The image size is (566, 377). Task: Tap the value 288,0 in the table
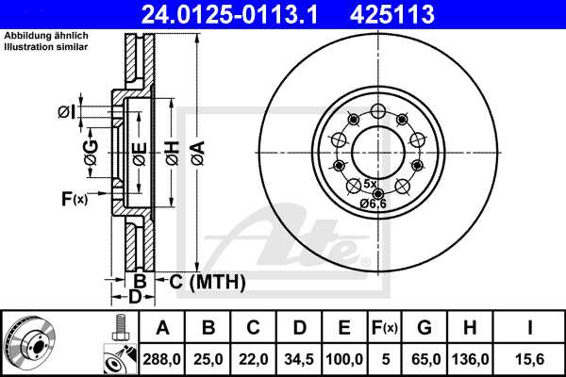click(x=161, y=359)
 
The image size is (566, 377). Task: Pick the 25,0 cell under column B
click(x=208, y=359)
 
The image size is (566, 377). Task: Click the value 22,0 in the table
click(x=254, y=359)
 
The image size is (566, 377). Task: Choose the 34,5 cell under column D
click(x=299, y=359)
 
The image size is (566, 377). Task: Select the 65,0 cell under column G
click(x=424, y=359)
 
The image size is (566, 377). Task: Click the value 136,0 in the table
click(x=473, y=359)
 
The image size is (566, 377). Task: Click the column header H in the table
click(x=473, y=328)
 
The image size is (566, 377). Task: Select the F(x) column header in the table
click(x=384, y=328)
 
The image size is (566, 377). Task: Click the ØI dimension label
click(x=65, y=112)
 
